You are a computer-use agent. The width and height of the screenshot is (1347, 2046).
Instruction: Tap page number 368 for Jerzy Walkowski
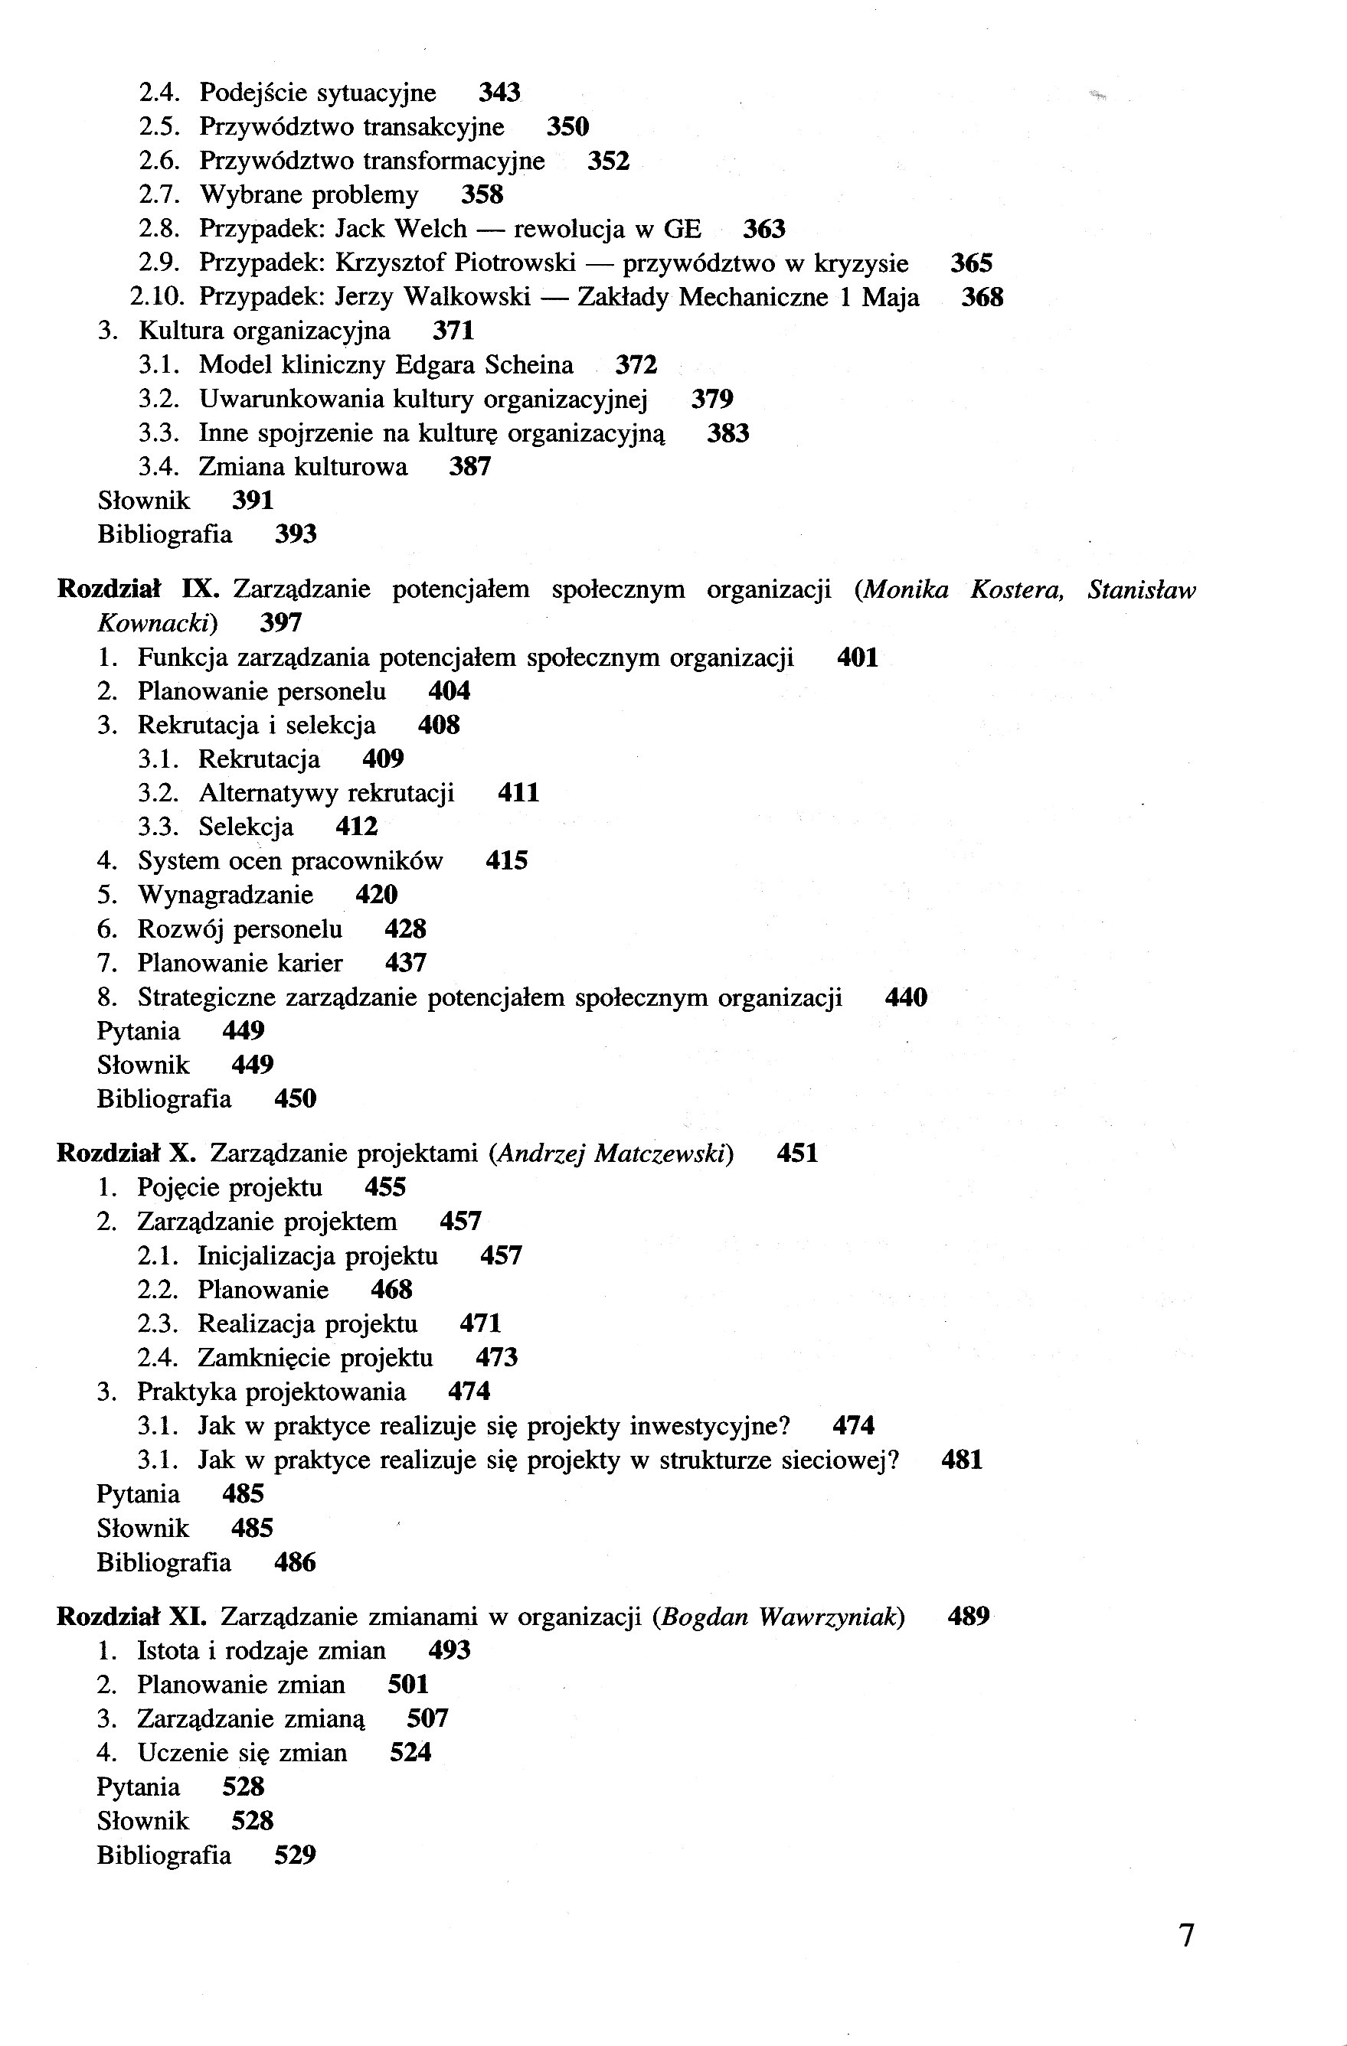click(982, 298)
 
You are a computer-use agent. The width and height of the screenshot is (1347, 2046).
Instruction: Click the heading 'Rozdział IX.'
click(139, 589)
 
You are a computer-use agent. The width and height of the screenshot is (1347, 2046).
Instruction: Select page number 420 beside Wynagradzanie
click(376, 895)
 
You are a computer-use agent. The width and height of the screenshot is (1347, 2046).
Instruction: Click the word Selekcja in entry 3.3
click(246, 827)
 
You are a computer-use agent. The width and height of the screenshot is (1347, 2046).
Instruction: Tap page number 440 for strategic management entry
click(906, 997)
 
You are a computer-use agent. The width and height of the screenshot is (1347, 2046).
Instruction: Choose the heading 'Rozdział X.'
click(126, 1154)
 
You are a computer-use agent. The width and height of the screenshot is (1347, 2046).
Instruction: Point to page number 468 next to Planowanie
click(391, 1290)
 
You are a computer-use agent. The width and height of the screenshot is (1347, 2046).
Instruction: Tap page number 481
click(962, 1460)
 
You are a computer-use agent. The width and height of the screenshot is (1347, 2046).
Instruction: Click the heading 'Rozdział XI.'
click(132, 1617)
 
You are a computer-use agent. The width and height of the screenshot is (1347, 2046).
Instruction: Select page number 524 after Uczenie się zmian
click(410, 1753)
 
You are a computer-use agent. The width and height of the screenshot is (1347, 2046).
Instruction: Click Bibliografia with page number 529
click(163, 1855)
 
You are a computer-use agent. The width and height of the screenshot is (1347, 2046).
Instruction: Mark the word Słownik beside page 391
click(144, 501)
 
